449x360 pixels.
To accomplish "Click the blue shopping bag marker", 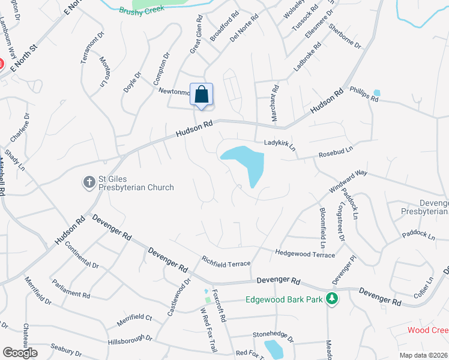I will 201,95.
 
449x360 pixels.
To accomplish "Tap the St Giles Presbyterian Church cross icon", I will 89,181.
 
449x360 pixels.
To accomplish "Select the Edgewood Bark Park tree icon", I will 331,299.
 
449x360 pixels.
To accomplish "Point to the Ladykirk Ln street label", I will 281,145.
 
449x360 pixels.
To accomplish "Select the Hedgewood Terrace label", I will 305,254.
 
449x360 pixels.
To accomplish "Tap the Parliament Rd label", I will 71,287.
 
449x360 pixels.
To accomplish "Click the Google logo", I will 20,352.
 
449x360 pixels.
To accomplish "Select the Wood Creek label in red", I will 427,330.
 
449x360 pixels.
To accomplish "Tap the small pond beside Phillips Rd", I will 376,93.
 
